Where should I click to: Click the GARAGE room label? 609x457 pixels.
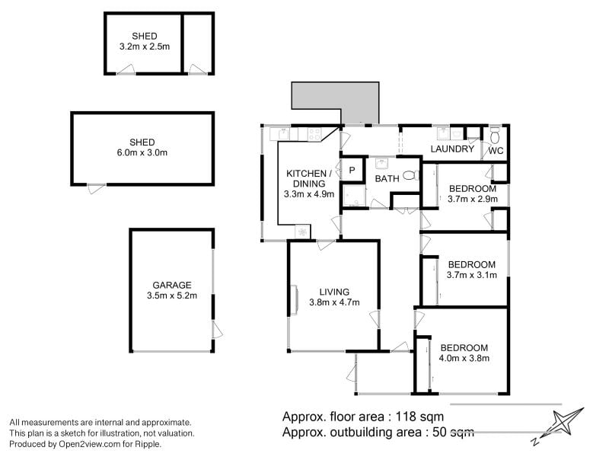click(x=172, y=285)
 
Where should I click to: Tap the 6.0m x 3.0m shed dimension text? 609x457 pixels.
click(x=142, y=153)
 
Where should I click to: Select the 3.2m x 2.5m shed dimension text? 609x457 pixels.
click(x=145, y=46)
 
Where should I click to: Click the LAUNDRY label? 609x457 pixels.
click(x=452, y=149)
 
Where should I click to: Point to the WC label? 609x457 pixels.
click(x=496, y=151)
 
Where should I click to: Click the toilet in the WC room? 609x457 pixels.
click(x=495, y=136)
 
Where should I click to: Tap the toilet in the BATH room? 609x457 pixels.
click(x=411, y=176)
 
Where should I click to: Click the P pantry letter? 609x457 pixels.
click(x=352, y=170)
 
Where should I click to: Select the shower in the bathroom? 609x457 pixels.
click(x=354, y=196)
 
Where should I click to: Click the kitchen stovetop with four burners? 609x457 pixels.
click(x=314, y=135)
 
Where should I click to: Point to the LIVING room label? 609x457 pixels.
click(x=334, y=292)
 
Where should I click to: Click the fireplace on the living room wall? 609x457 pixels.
click(x=295, y=299)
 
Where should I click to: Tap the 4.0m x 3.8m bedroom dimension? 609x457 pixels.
click(x=464, y=358)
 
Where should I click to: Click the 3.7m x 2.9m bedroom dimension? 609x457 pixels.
click(x=473, y=200)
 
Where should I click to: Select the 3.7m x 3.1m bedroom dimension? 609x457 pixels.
click(x=472, y=275)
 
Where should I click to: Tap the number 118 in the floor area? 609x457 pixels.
click(x=406, y=417)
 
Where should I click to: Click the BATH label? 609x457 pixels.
click(x=387, y=179)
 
